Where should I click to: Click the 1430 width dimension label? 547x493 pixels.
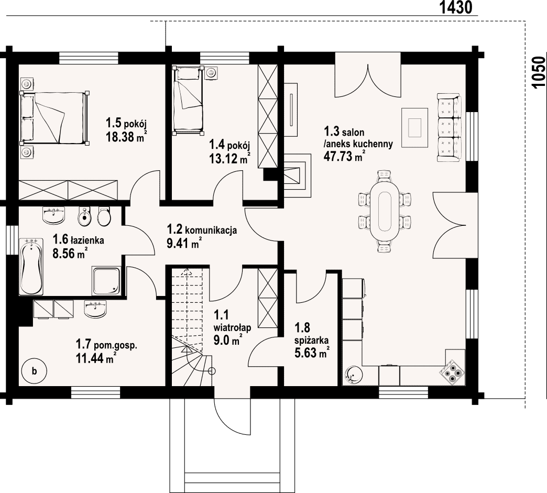click(x=456, y=7)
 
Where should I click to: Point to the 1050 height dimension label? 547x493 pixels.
click(x=539, y=73)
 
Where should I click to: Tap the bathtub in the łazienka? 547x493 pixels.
click(x=32, y=266)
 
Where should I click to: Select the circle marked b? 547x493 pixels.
click(x=34, y=371)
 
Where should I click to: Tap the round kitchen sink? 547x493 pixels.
click(x=354, y=376)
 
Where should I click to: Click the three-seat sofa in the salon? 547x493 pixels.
click(x=450, y=128)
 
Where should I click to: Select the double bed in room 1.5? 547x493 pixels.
click(x=54, y=118)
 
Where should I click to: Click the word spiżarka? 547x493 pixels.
click(x=311, y=340)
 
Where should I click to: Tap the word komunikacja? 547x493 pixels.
click(x=211, y=231)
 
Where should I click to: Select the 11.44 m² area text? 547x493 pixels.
click(x=96, y=358)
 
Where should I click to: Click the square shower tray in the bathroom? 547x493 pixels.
click(x=107, y=281)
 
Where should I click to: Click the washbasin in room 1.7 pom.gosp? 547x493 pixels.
click(x=95, y=309)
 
